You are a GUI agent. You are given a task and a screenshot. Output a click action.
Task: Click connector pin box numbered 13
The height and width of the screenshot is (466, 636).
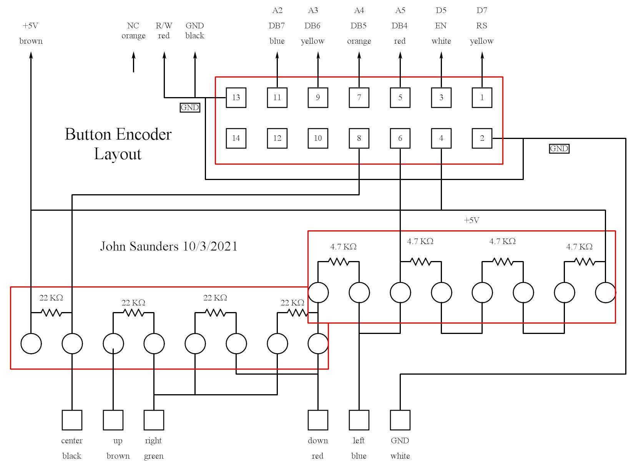(236, 97)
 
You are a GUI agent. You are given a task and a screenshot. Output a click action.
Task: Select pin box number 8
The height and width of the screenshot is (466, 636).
(359, 138)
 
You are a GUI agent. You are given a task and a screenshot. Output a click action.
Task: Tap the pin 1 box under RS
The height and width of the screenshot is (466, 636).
(482, 97)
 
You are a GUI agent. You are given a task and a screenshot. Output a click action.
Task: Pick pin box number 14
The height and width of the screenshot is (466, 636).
(236, 138)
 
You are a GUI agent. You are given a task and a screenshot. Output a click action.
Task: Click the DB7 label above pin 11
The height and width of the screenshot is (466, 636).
(277, 26)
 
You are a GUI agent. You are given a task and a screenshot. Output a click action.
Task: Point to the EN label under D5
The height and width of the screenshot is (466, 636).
(441, 26)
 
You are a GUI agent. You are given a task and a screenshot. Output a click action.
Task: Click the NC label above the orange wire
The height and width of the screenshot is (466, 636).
(133, 26)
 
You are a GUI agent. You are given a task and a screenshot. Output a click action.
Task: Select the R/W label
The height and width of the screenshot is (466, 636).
(164, 26)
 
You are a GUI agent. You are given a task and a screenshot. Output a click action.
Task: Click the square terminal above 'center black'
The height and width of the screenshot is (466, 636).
(72, 420)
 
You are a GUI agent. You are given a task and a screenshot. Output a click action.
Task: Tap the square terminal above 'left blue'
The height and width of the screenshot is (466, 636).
(359, 420)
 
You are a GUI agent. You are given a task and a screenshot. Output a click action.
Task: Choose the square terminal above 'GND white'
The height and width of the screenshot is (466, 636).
(400, 420)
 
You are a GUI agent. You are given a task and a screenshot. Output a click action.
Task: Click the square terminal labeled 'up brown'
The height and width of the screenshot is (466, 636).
(113, 420)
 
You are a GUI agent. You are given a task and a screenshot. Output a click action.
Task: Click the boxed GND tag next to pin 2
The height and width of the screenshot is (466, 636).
(559, 149)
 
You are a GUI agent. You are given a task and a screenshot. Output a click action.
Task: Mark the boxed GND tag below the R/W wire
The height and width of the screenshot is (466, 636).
(190, 107)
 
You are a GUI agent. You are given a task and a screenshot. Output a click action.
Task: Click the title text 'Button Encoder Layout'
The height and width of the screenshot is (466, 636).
(118, 144)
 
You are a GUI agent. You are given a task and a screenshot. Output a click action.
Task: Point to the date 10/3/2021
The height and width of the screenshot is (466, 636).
(210, 246)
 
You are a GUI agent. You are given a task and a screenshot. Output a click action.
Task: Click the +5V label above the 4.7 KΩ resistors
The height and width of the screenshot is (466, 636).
(472, 220)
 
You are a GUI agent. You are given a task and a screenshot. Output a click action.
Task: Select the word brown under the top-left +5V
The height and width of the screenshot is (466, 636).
(31, 41)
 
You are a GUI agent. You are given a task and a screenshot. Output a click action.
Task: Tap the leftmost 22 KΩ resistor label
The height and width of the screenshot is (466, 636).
(51, 297)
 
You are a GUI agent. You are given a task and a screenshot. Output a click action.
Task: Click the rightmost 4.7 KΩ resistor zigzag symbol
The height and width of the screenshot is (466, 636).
(585, 262)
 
